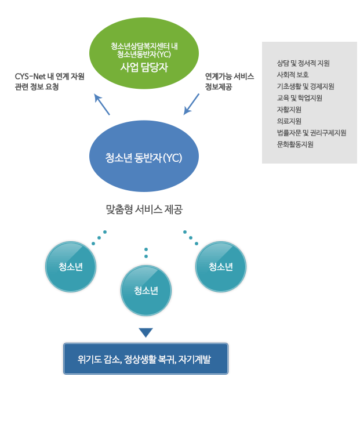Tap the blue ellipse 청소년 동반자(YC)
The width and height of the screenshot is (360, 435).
coord(144,157)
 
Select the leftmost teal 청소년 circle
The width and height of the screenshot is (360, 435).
coord(71,267)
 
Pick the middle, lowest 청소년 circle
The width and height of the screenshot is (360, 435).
coord(146,291)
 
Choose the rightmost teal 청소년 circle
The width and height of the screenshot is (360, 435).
coord(221,267)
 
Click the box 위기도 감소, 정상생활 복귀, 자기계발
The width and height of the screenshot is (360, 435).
coord(146,359)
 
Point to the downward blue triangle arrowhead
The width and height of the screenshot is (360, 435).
coord(146,332)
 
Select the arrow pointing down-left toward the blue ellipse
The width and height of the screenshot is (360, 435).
coord(191,104)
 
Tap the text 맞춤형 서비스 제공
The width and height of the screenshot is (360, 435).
coord(144,209)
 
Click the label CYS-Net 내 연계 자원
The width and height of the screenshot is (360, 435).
coord(49,76)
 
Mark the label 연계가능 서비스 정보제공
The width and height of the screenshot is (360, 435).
coord(229,81)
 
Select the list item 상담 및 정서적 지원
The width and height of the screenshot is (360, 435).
coord(303,63)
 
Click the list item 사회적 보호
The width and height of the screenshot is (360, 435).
coord(293,75)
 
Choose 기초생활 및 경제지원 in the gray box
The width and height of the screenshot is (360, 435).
coord(306,86)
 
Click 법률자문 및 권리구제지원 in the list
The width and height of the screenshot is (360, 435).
coord(311,133)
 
